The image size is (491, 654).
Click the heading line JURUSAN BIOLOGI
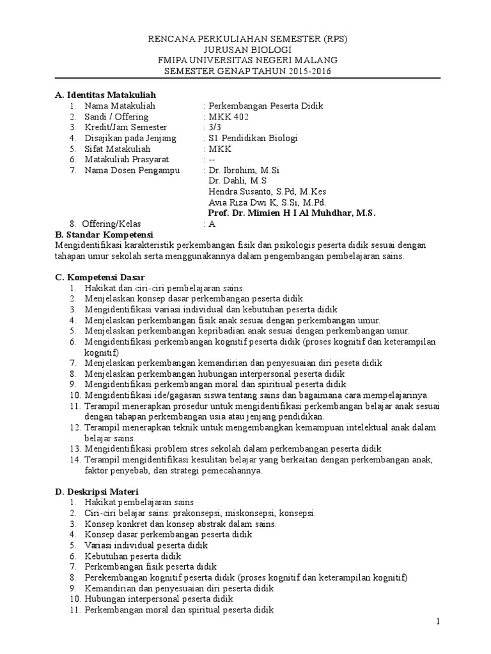point(247,50)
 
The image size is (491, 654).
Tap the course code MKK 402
point(229,117)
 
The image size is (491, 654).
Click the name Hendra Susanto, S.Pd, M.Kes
point(259,192)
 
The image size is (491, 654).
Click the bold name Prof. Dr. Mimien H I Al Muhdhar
point(284,213)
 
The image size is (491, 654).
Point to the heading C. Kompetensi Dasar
point(100,277)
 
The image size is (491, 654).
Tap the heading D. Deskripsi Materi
point(97,491)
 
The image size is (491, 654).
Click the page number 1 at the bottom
point(439,621)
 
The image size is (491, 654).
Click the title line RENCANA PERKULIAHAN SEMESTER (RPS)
point(247,39)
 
